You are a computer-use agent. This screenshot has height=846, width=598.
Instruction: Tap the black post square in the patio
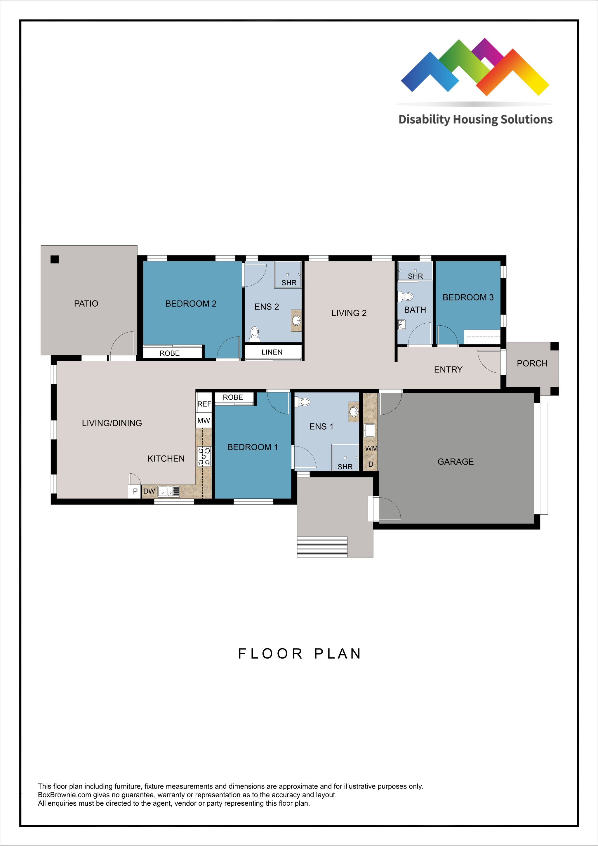click(x=55, y=259)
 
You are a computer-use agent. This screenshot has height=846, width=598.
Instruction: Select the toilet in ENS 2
click(x=254, y=333)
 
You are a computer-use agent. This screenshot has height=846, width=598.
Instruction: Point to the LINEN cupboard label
click(x=272, y=352)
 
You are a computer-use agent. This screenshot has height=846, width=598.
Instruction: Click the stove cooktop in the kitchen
click(x=204, y=456)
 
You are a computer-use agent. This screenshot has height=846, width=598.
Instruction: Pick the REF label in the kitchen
click(x=204, y=404)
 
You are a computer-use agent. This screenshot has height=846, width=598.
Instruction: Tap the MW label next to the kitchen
click(x=204, y=421)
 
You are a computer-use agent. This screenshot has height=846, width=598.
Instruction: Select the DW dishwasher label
click(x=149, y=491)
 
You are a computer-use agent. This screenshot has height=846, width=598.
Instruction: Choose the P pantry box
click(x=135, y=491)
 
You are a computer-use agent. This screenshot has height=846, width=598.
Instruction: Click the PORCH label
click(x=532, y=363)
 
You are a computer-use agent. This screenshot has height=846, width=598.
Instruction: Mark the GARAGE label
click(x=456, y=462)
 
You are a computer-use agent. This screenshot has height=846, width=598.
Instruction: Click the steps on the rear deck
click(x=322, y=547)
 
